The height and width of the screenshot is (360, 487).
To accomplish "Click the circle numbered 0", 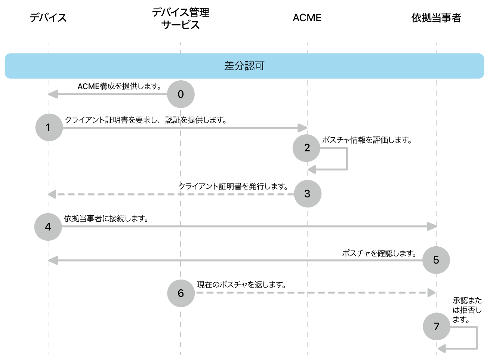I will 181,94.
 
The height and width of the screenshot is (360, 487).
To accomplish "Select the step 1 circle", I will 49,127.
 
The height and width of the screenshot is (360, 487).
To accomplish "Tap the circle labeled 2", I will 306,148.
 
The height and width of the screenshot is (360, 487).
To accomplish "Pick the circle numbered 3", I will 307,194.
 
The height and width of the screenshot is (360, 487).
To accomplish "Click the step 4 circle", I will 48,227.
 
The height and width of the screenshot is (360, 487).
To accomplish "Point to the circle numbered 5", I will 436,260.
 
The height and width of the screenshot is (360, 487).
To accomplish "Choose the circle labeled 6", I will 181,293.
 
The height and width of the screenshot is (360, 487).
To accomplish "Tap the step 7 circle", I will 436,326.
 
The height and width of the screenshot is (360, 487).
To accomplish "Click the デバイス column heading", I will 48,18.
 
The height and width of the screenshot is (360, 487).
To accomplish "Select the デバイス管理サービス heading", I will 181,19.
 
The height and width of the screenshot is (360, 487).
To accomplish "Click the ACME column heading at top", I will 307,18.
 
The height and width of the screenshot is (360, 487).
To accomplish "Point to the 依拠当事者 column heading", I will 436,18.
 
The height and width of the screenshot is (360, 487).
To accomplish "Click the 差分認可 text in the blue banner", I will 244,66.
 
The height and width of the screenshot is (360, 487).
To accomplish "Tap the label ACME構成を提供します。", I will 119,86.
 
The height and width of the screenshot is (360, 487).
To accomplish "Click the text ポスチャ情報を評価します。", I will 367,140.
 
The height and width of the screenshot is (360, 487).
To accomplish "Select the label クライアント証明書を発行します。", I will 233,186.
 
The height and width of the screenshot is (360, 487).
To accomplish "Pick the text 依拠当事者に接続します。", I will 106,219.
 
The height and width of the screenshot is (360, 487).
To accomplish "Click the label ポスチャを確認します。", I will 379,253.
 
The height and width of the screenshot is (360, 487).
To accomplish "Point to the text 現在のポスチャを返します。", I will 241,285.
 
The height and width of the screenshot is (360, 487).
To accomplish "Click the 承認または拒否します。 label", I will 467,310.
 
